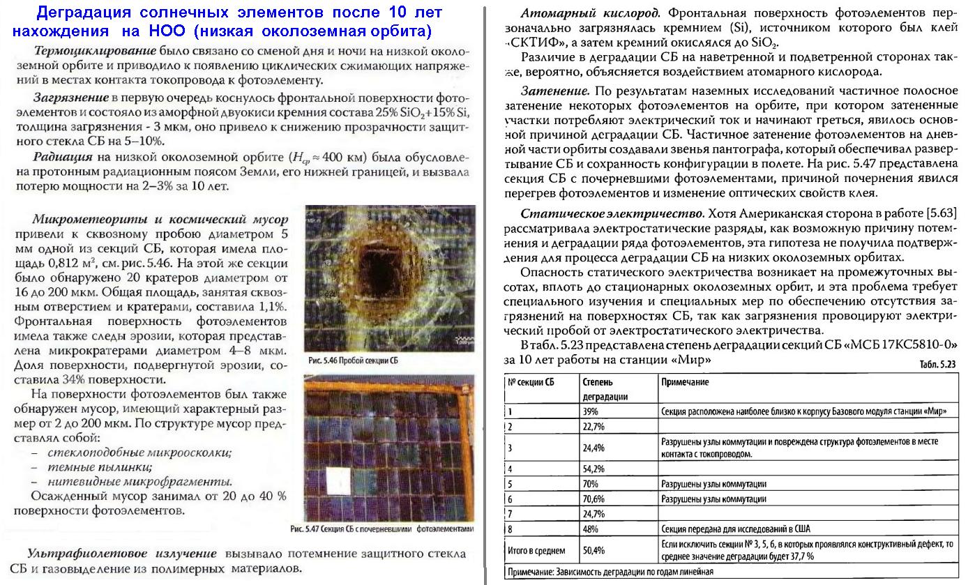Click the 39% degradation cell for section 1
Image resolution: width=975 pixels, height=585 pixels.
pyautogui.click(x=589, y=411)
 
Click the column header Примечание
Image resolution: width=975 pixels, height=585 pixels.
pyautogui.click(x=686, y=382)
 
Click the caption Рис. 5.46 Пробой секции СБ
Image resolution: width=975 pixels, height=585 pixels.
pyautogui.click(x=353, y=361)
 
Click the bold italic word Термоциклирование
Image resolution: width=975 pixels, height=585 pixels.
pyautogui.click(x=95, y=52)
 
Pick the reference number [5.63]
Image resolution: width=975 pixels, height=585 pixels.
pyautogui.click(x=940, y=213)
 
